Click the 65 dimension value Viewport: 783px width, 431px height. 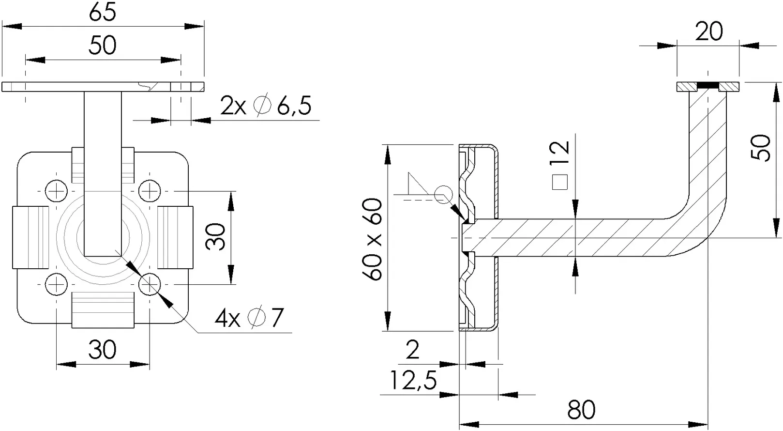[103, 13]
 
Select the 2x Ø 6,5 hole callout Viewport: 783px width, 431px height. [266, 105]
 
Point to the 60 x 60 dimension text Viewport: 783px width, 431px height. [372, 239]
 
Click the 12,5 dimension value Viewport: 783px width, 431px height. [413, 380]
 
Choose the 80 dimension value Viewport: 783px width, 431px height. [581, 410]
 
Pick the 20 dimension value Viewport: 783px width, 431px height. [708, 31]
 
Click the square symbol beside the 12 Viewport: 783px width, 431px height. [559, 182]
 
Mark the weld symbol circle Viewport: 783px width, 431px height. [444, 195]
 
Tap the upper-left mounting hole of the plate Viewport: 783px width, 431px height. [56, 191]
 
